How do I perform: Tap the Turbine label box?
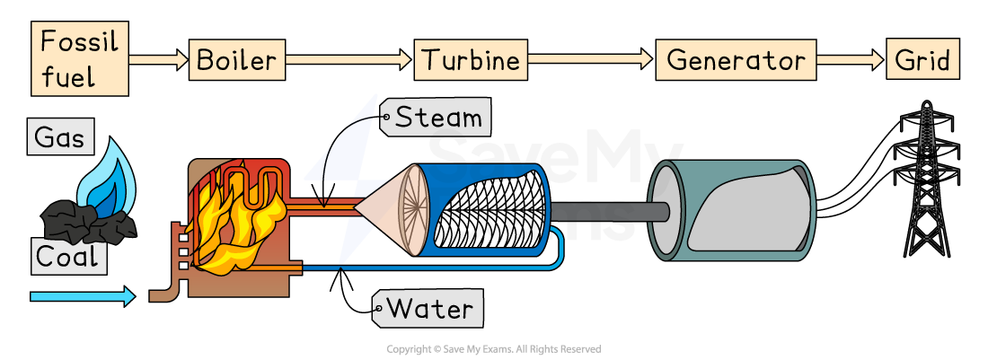pos(471,61)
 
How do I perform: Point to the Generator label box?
pos(736,61)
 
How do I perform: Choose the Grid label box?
pos(922,61)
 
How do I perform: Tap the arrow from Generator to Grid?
pos(850,61)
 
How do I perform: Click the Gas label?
pos(59,137)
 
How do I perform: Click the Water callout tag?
pos(428,309)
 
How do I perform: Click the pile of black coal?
pos(85,219)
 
